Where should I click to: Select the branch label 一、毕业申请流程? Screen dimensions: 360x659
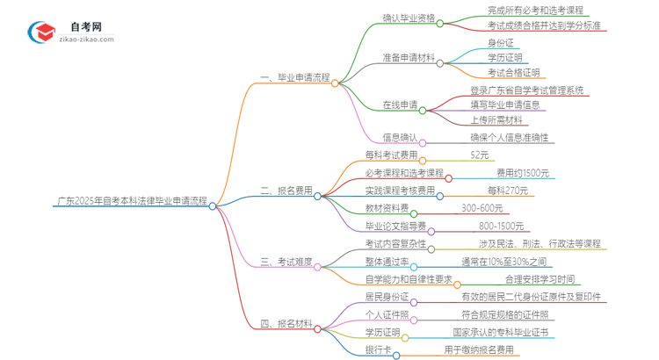pos(295,77)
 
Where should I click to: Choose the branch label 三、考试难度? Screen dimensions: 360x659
pos(286,263)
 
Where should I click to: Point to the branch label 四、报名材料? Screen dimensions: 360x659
pos(286,325)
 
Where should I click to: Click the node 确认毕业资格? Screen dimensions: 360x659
pos(409,18)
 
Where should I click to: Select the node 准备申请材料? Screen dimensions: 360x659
pos(409,58)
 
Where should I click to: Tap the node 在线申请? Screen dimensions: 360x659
pos(400,105)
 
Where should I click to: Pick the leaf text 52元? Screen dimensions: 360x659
pos(480,155)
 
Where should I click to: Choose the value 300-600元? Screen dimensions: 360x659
pos(482,208)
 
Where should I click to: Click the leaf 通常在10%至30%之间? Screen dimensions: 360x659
pos(503,262)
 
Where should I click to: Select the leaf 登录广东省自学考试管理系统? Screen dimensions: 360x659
pos(525,90)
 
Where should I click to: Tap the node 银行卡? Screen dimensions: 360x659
pos(378,351)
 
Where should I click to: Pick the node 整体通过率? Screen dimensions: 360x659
pos(387,262)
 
